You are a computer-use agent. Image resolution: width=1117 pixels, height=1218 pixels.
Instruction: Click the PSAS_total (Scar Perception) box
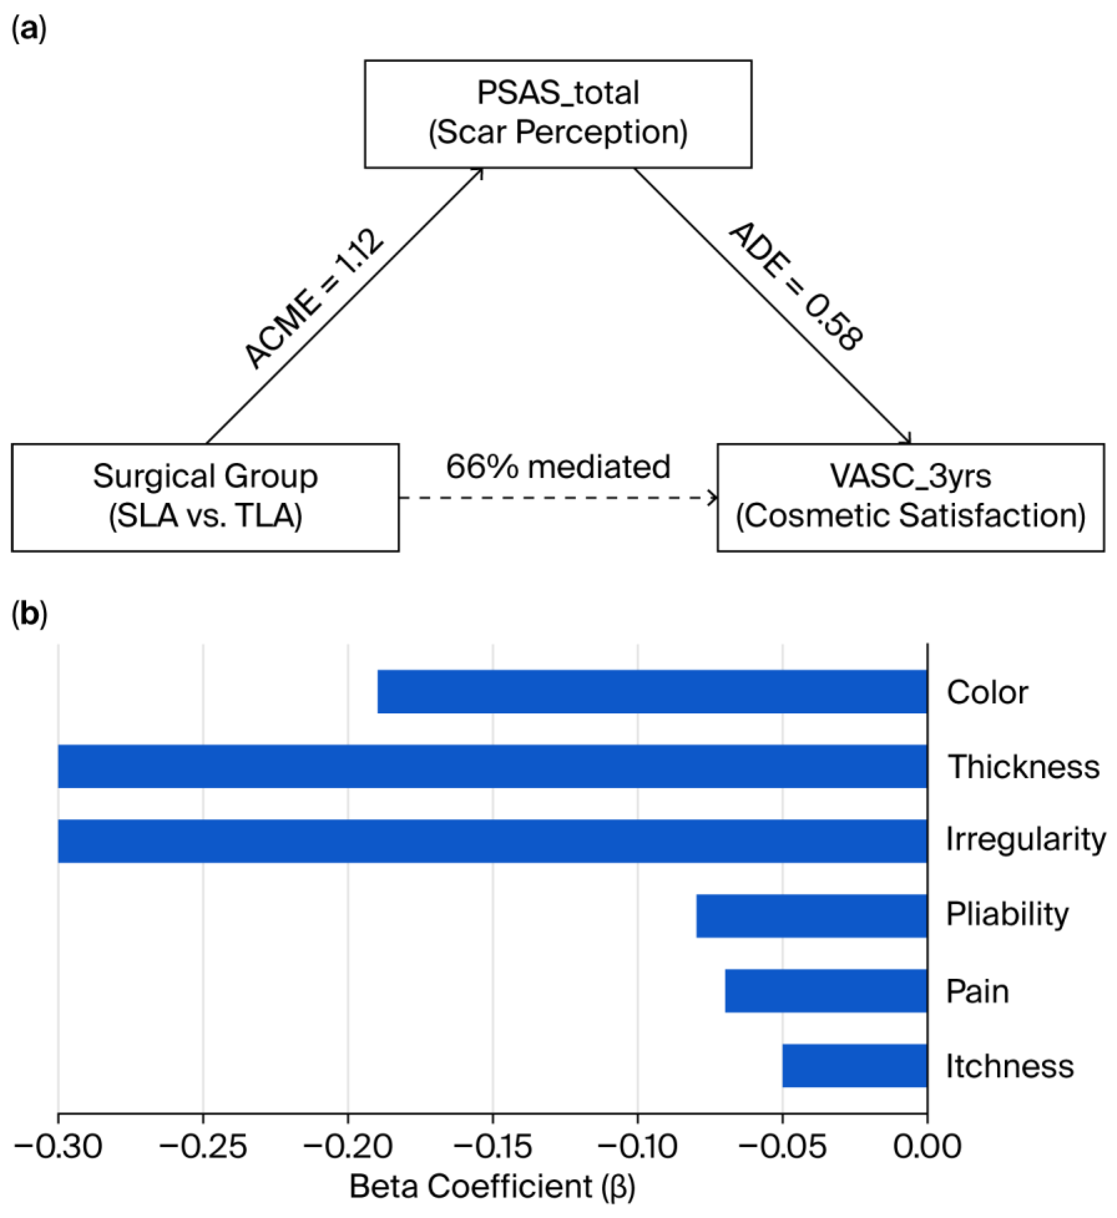(x=558, y=114)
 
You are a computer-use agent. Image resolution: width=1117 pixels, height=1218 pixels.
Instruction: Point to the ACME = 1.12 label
(x=314, y=298)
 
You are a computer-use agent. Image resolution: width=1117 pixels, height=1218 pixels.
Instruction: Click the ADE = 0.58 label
(x=796, y=287)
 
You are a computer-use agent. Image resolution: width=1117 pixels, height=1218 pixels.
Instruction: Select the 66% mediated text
(x=558, y=467)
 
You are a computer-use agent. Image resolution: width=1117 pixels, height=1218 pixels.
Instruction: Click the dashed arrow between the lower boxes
(x=558, y=498)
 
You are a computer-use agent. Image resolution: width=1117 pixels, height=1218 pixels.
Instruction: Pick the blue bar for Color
(x=652, y=692)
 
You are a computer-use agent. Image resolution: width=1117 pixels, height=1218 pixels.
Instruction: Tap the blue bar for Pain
(x=826, y=991)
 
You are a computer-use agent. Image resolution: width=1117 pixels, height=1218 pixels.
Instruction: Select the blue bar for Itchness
(x=855, y=1066)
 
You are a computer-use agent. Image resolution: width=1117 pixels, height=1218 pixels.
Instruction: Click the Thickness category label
(x=1023, y=766)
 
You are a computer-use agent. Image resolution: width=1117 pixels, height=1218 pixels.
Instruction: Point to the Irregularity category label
(x=1026, y=840)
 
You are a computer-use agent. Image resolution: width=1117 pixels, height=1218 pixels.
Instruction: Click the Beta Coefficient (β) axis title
(x=492, y=1188)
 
